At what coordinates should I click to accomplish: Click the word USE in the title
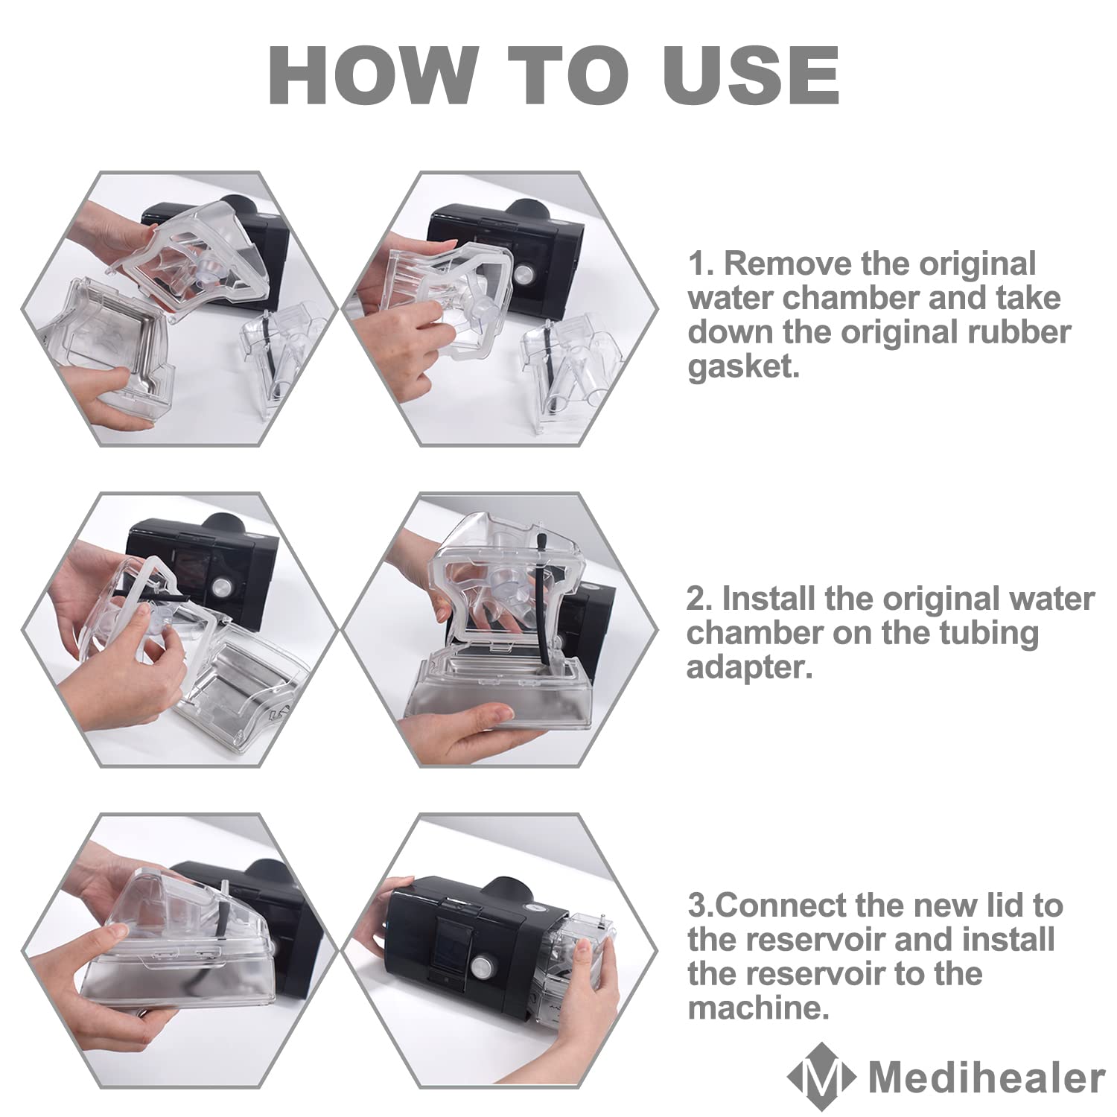[x=752, y=75]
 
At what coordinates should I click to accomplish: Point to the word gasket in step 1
[x=742, y=366]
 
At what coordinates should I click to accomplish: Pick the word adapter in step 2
[x=748, y=667]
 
